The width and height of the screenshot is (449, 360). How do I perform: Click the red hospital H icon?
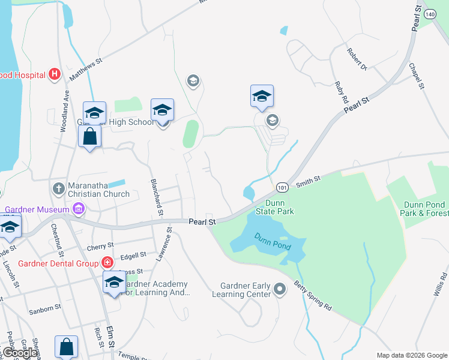tap(55, 74)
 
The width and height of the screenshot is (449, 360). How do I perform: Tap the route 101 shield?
tap(282, 188)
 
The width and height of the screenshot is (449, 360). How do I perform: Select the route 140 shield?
tap(429, 13)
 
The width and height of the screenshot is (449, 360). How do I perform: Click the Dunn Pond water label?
tap(271, 242)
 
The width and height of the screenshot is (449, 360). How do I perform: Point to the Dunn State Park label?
tap(276, 207)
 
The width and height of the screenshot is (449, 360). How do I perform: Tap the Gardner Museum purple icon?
tap(79, 209)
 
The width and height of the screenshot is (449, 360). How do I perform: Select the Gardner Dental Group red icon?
tap(107, 263)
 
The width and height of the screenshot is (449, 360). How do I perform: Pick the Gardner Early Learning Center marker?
tap(279, 290)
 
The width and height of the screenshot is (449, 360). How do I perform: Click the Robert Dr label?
tap(357, 59)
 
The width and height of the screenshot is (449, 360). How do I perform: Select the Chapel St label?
tap(417, 76)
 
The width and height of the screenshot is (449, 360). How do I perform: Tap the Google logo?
tap(19, 353)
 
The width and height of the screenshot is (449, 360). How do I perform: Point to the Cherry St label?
tap(100, 246)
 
